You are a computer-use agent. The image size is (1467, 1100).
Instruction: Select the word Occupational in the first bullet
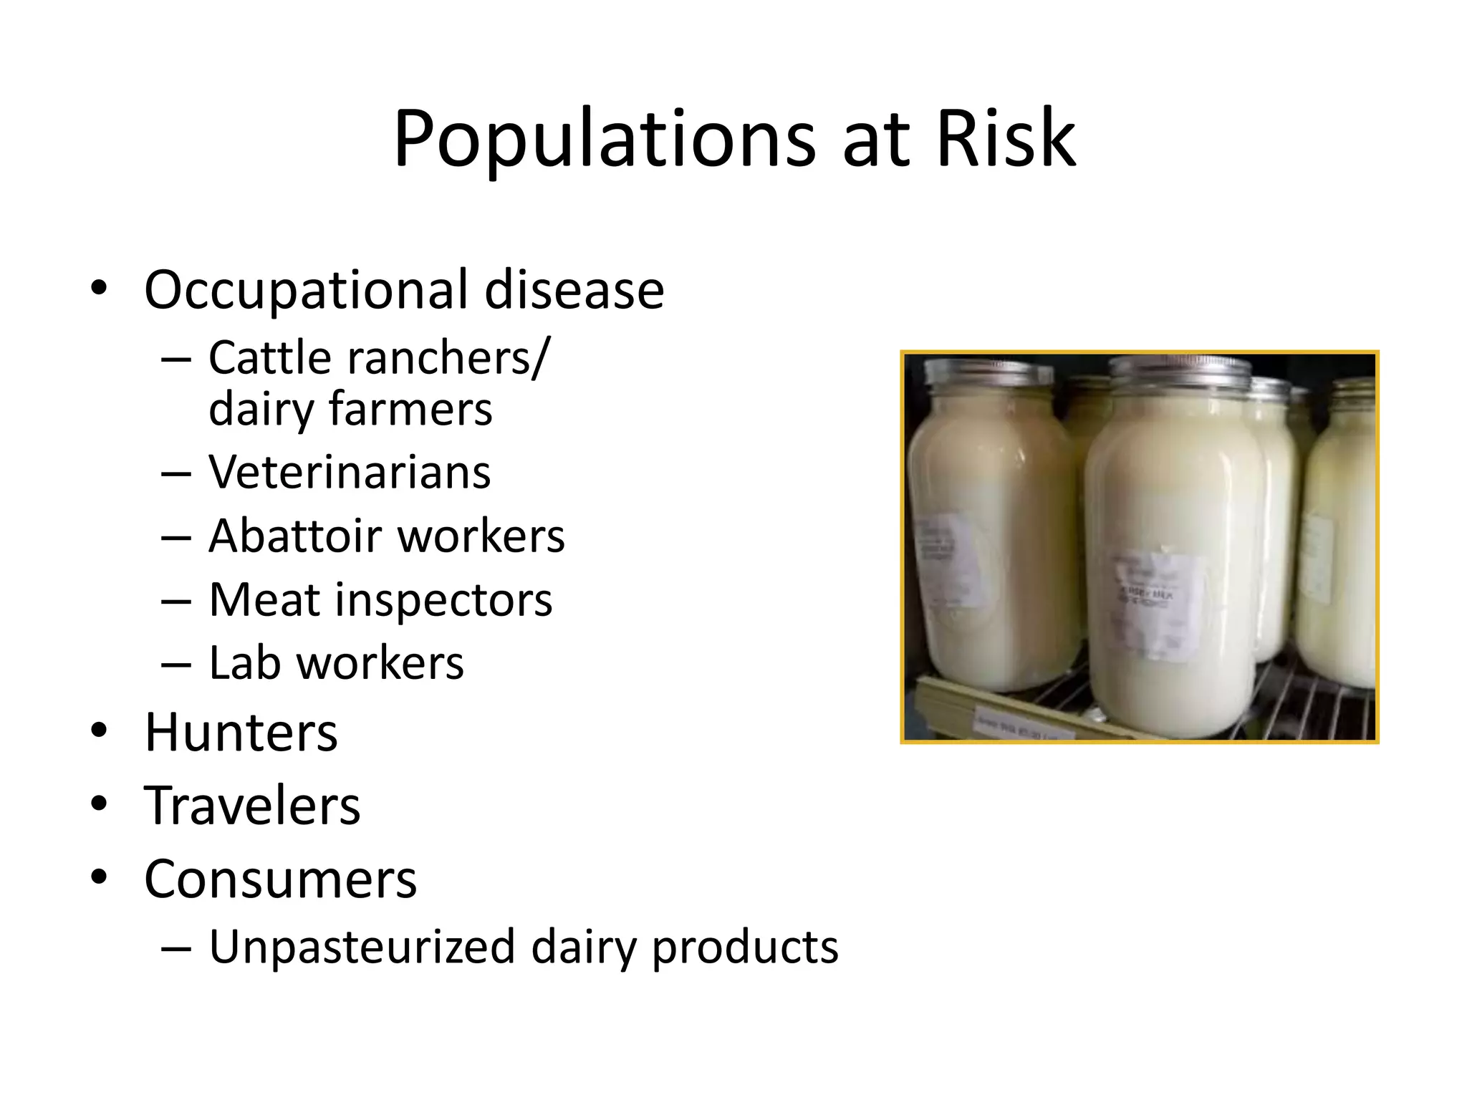306,290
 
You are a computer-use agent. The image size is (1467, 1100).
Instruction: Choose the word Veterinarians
350,473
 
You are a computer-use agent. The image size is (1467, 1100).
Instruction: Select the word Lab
244,663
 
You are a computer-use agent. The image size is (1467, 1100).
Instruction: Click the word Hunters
241,733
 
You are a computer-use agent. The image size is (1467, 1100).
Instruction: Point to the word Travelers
252,806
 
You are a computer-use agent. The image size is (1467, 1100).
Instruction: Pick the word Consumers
280,879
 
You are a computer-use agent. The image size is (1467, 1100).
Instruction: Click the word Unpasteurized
362,947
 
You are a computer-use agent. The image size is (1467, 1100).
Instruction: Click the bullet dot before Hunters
99,731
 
